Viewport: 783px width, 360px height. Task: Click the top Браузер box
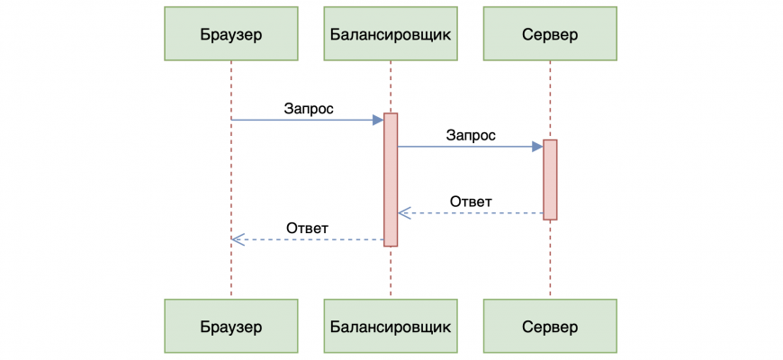tap(231, 34)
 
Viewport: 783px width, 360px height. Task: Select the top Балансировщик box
tap(391, 34)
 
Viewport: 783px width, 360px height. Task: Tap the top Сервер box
tap(550, 34)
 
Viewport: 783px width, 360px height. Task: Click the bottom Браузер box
tap(231, 325)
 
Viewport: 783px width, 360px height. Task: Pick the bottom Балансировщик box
tap(391, 325)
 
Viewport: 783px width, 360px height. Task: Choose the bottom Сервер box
tap(550, 325)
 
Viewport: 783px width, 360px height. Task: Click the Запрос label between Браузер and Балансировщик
tap(309, 109)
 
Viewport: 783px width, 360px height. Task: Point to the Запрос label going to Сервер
tap(470, 135)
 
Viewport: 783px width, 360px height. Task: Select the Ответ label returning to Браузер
tap(307, 228)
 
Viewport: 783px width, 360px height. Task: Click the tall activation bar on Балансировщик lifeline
tap(391, 179)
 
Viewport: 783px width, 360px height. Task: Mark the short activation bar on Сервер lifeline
tap(550, 179)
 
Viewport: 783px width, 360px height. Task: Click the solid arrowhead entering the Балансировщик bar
tap(378, 120)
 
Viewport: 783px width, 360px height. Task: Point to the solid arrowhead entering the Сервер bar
tap(537, 146)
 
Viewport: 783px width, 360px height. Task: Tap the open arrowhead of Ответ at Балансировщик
tap(403, 213)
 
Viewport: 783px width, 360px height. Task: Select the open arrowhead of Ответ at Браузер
tap(237, 239)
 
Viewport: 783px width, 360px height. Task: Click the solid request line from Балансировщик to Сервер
tap(463, 146)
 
